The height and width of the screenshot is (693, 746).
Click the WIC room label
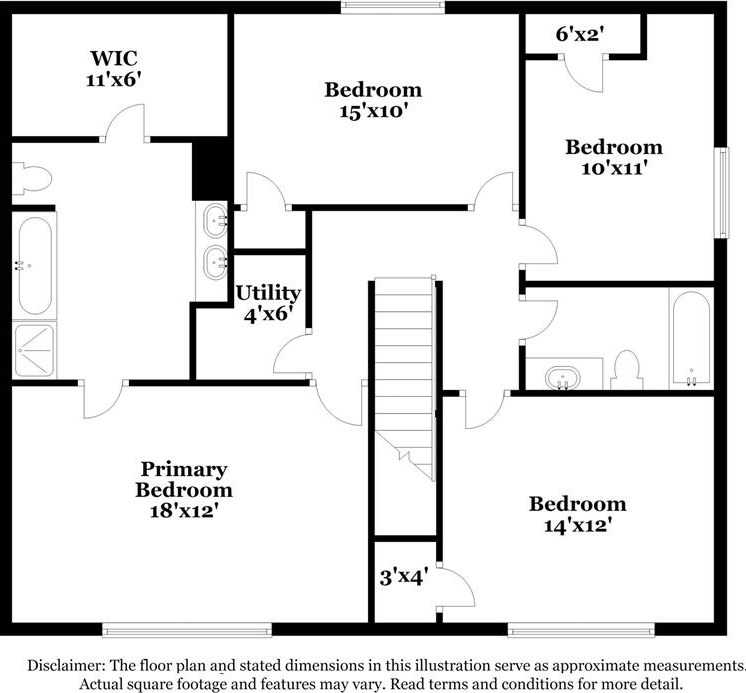click(114, 58)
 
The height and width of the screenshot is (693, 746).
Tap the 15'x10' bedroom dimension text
click(374, 111)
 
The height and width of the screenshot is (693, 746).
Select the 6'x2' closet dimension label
click(580, 34)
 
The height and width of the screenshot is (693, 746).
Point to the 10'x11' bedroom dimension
click(614, 168)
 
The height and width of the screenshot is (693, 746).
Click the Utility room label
click(268, 293)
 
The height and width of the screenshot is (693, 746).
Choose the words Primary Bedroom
click(184, 479)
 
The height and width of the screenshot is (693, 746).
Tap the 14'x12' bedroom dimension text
click(578, 526)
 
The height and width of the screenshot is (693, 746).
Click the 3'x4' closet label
click(404, 577)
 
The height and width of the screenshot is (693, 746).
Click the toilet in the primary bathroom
click(31, 178)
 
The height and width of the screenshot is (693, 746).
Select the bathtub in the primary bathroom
click(34, 265)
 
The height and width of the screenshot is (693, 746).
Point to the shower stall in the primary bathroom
click(34, 351)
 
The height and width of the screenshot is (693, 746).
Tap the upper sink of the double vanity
click(215, 220)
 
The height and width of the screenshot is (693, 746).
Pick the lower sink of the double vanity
click(215, 262)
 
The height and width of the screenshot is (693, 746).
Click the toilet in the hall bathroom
click(627, 370)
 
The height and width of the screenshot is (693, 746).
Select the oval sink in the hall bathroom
click(563, 378)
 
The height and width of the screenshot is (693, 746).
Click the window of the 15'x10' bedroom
click(393, 7)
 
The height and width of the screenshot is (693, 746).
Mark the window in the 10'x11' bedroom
click(722, 193)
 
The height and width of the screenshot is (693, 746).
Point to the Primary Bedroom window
click(187, 630)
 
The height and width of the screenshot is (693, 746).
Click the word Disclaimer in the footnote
click(67, 665)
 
